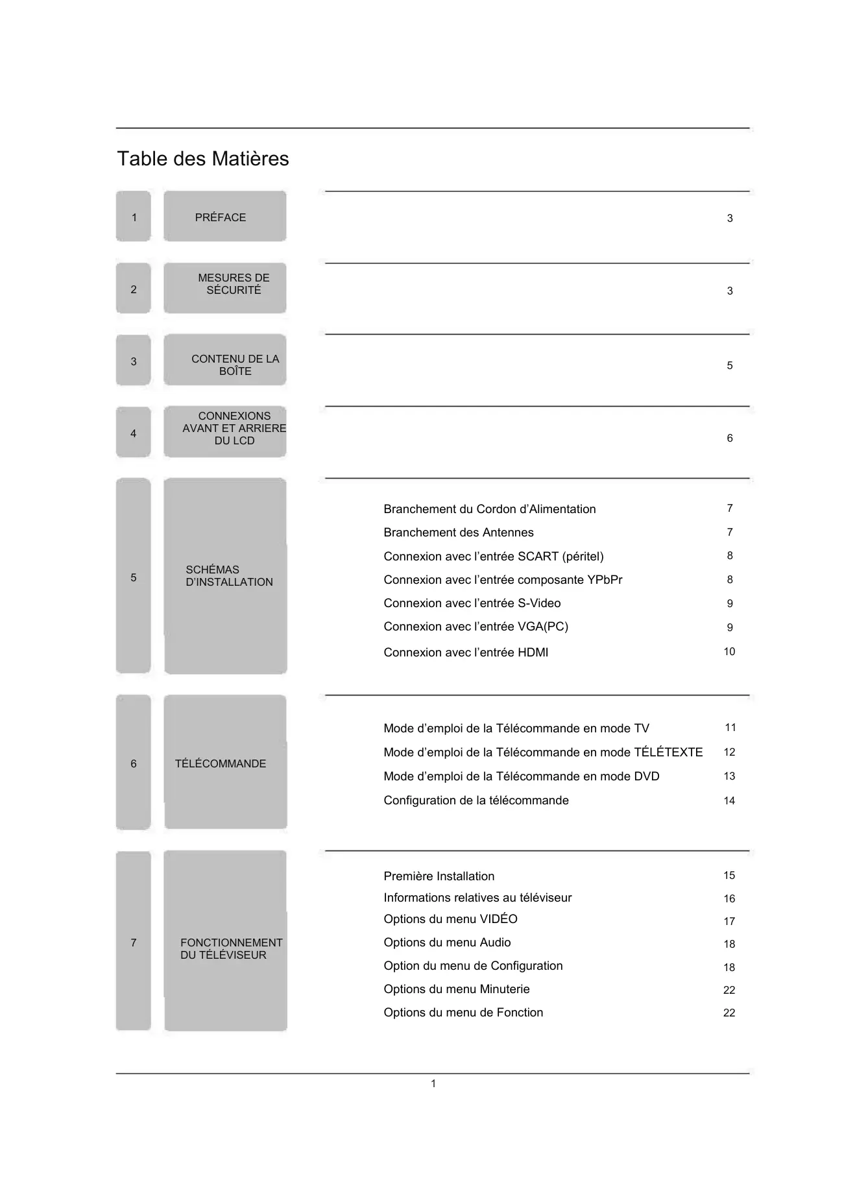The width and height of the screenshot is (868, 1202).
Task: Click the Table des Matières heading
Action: point(202,159)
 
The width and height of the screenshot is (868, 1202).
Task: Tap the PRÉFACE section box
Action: point(224,217)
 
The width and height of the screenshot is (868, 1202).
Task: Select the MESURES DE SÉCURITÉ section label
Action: point(234,284)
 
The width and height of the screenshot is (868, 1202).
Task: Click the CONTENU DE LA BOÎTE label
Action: point(235,365)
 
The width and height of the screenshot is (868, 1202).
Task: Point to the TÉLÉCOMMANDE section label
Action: point(221,763)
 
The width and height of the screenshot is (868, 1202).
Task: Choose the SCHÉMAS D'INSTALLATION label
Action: point(229,576)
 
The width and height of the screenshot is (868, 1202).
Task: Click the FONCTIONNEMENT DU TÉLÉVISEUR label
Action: point(231,948)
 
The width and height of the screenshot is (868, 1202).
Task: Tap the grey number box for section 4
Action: point(134,433)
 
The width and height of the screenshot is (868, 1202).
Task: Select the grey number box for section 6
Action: point(134,763)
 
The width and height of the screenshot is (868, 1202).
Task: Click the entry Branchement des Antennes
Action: point(458,533)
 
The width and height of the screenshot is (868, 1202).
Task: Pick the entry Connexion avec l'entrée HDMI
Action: point(465,653)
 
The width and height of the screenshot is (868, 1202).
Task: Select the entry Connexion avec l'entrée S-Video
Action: point(472,603)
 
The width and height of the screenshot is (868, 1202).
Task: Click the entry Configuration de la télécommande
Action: point(476,800)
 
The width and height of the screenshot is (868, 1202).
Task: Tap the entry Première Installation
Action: point(439,876)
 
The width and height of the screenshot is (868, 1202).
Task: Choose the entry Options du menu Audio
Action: point(447,943)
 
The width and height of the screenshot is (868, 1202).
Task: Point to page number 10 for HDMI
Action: point(729,652)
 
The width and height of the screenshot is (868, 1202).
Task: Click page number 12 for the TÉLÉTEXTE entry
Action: point(729,752)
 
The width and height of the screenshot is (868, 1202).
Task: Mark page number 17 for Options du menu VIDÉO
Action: point(729,922)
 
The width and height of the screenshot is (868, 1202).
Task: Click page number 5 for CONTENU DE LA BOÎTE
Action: point(730,366)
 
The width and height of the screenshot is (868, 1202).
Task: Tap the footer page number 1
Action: point(433,1084)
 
